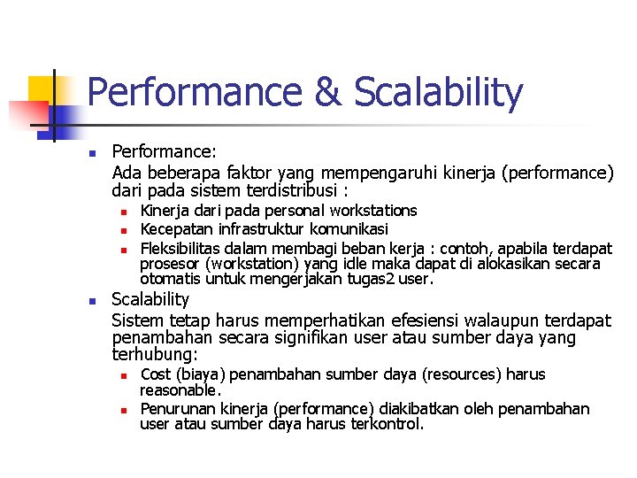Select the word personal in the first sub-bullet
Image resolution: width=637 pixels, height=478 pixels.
[295, 211]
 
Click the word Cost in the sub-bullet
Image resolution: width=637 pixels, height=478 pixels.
[157, 374]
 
